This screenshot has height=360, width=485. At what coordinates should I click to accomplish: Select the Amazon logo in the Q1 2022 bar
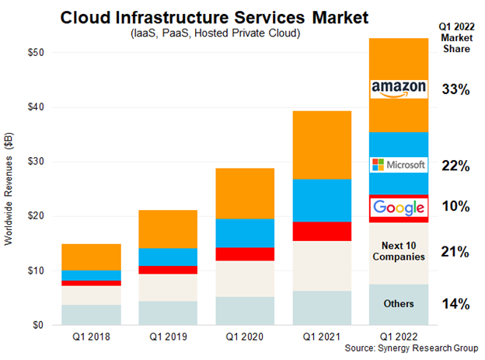[x=399, y=88]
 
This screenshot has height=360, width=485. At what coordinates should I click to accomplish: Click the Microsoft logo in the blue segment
[x=399, y=165]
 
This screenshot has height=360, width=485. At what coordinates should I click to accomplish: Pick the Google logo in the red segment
[x=399, y=207]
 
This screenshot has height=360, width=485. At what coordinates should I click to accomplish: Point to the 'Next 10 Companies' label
[x=399, y=250]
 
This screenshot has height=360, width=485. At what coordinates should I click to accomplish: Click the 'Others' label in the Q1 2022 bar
[x=399, y=303]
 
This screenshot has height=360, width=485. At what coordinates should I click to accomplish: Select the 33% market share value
[x=454, y=89]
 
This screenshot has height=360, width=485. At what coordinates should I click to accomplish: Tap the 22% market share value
[x=454, y=166]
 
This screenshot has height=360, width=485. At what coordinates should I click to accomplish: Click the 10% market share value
[x=454, y=207]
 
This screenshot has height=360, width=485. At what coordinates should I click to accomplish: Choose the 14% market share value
[x=454, y=304]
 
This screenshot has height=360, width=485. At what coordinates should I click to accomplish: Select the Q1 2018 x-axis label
[x=91, y=337]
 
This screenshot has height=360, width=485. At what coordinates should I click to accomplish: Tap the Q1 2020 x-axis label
[x=245, y=337]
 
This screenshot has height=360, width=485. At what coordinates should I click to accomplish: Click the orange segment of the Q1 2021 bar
[x=322, y=145]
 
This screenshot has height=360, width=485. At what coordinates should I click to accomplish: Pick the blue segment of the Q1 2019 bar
[x=168, y=257]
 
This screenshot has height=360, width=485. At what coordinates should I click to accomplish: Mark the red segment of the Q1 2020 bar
[x=245, y=253]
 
